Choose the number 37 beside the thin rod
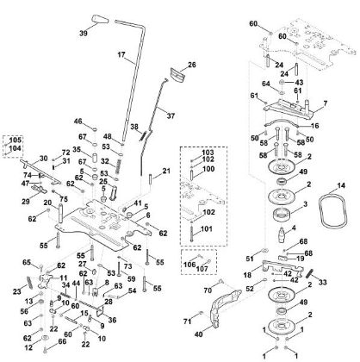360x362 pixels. [171, 115]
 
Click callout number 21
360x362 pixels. [166, 172]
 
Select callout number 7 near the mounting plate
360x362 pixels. [325, 104]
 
